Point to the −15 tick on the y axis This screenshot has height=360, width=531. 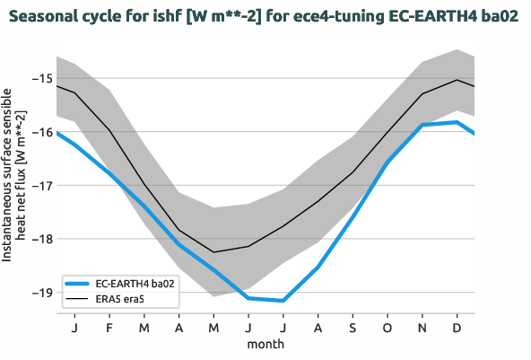(x=40, y=78)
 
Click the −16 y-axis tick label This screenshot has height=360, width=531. (x=40, y=132)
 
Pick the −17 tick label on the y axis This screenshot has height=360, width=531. (x=40, y=186)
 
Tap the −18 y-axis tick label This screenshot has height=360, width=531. (x=40, y=239)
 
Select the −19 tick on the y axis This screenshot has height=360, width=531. (x=40, y=293)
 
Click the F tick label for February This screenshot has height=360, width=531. (x=109, y=329)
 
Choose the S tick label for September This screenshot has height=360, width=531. (x=353, y=329)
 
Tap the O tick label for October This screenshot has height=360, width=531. (x=387, y=329)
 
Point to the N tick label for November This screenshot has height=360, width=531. (x=422, y=329)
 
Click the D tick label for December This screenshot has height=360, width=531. (x=457, y=329)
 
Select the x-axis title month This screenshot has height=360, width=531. (x=265, y=344)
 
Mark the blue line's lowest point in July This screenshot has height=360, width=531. (x=283, y=301)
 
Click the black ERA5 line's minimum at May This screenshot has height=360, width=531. (x=213, y=252)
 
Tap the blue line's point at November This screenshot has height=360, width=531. (x=422, y=125)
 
